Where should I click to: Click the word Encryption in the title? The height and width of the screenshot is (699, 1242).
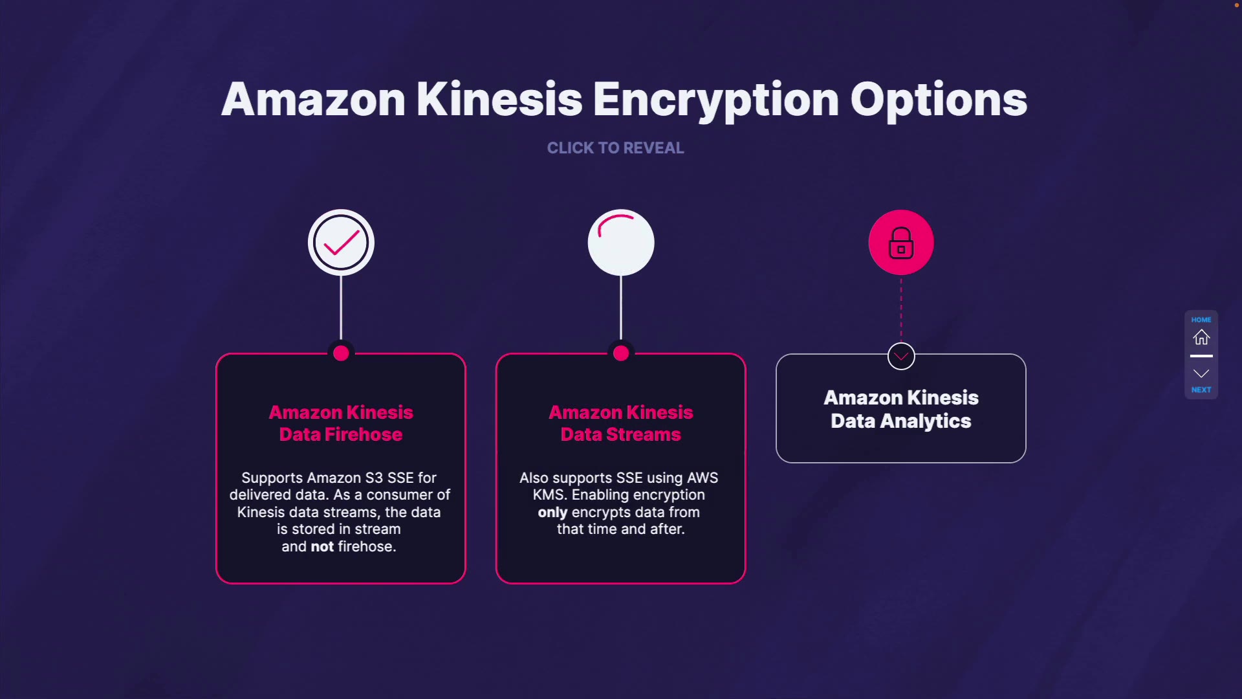[715, 100]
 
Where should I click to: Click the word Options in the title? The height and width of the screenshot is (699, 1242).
[938, 100]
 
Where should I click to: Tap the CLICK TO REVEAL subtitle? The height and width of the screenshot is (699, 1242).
[615, 148]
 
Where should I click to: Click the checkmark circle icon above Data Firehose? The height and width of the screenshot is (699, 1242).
[341, 243]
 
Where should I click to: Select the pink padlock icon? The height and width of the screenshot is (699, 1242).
[901, 243]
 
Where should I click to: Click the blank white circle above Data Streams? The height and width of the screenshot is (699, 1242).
[621, 243]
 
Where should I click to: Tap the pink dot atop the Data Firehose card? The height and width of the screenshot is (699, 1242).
[341, 353]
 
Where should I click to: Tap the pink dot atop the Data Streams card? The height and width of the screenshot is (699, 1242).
[621, 353]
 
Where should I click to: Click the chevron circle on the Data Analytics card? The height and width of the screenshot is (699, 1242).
[901, 356]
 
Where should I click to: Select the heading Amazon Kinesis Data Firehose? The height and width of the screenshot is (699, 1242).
[341, 423]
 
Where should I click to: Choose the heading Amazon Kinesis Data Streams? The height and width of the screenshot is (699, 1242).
[621, 423]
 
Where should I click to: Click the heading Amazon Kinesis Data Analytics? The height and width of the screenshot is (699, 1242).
[901, 409]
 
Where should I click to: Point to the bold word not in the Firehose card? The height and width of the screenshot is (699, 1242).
[322, 547]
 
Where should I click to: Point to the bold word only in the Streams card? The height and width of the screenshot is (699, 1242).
[552, 513]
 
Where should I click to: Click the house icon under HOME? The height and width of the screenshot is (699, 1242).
[1201, 337]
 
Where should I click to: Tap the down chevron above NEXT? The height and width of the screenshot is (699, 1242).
[1201, 373]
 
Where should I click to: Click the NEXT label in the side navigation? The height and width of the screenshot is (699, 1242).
[1201, 390]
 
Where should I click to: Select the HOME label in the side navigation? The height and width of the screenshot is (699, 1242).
[1201, 320]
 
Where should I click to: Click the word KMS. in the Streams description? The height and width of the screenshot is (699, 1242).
[550, 495]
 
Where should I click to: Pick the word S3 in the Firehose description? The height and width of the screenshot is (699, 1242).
[374, 478]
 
